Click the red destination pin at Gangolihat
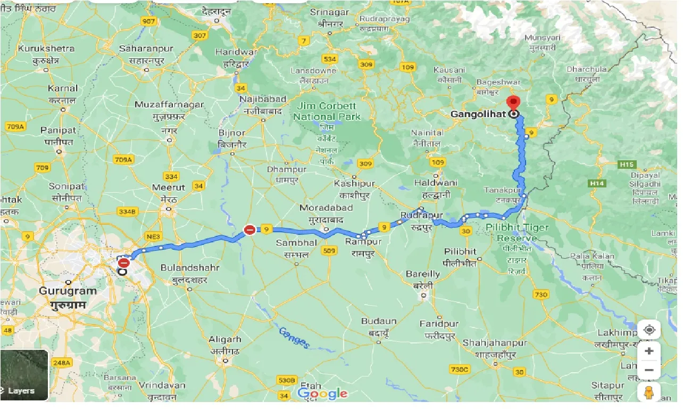513,103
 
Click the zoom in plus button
649,351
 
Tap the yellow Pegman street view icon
649,392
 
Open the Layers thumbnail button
24,375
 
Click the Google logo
322,394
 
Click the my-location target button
649,330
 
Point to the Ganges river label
294,338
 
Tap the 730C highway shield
459,369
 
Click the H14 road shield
597,183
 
